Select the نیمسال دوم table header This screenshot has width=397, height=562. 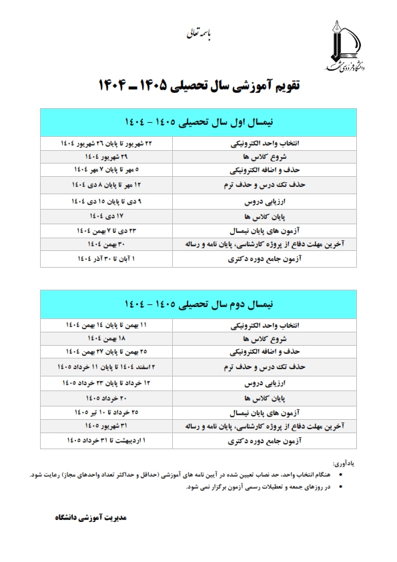(198, 304)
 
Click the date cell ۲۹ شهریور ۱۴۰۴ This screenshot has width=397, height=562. (107, 157)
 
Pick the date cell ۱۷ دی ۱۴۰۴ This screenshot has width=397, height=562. (107, 216)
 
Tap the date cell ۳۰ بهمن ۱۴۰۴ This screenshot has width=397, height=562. (107, 245)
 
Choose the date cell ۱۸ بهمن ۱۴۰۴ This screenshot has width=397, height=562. (107, 338)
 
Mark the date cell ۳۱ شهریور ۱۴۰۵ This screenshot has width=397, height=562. (107, 426)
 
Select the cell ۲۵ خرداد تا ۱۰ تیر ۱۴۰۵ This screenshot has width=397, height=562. (107, 411)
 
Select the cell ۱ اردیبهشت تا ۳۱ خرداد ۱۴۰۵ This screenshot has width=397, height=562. (107, 441)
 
